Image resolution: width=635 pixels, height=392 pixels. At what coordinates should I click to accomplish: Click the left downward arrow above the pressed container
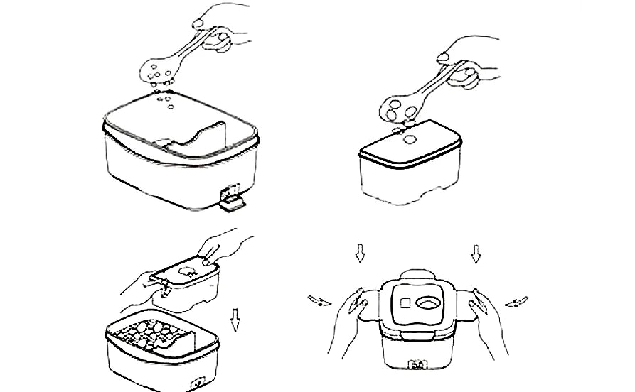361,251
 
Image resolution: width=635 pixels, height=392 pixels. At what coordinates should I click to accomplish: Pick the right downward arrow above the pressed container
476,251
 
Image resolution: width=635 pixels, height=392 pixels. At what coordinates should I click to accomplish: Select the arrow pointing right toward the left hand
321,299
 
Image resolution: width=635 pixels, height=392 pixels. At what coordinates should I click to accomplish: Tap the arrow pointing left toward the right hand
516,302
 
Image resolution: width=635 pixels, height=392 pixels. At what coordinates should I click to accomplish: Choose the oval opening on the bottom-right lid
429,303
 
